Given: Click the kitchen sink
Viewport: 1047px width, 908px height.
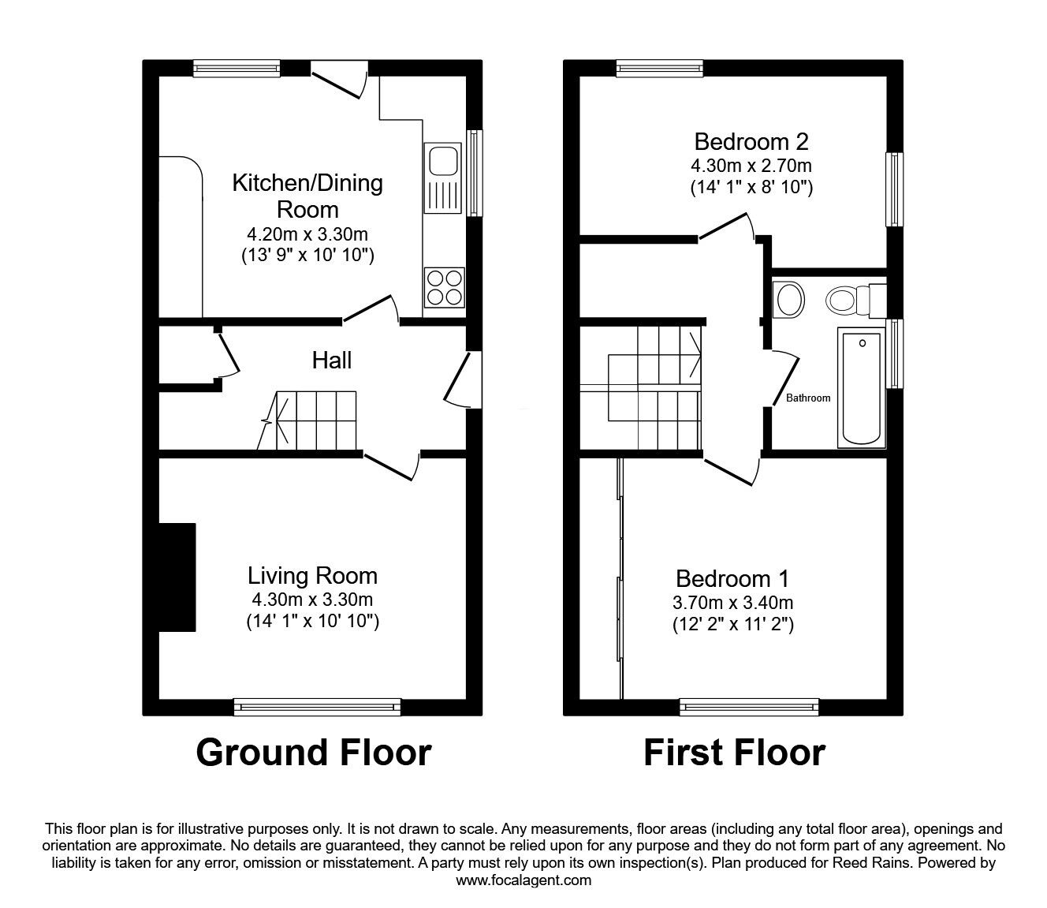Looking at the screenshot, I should click(x=442, y=178).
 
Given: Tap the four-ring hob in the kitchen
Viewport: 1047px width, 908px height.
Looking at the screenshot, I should click(x=443, y=287).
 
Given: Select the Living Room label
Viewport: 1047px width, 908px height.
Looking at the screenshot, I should click(x=312, y=575).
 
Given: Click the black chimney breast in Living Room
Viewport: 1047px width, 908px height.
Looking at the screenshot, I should click(x=177, y=577).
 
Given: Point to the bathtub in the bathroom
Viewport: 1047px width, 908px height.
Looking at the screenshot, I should click(x=863, y=388).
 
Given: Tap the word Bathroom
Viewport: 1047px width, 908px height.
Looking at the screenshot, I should click(x=808, y=398).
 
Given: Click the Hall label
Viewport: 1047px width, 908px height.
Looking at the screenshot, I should click(x=332, y=361).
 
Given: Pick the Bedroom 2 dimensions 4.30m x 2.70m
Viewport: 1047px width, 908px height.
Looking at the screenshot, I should click(x=751, y=166).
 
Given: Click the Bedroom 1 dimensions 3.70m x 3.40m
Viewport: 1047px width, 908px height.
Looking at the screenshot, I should click(x=732, y=603).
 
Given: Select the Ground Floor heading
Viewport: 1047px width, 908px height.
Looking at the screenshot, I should click(x=313, y=753).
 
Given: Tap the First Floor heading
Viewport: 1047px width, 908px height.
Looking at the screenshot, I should click(x=734, y=753).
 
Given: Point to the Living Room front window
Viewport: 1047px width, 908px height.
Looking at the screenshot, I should click(x=318, y=707).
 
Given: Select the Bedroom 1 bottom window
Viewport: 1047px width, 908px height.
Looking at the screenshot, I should click(x=749, y=707).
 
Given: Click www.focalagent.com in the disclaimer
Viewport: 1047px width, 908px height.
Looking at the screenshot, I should click(x=523, y=880).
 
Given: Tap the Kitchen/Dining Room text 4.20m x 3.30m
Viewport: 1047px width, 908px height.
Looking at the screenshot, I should click(x=307, y=234).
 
